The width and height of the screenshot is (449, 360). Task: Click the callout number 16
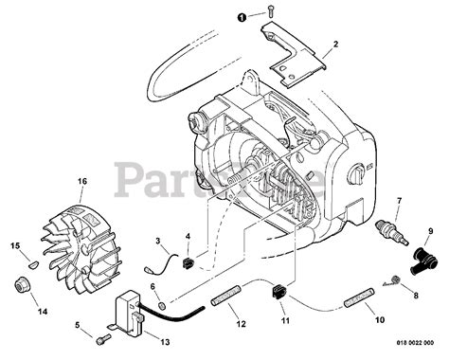click(x=55, y=180)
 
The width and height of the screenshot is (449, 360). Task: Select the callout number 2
click(x=335, y=44)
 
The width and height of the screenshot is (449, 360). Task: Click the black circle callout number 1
click(x=242, y=16)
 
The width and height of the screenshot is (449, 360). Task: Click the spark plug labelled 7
click(x=388, y=230)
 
